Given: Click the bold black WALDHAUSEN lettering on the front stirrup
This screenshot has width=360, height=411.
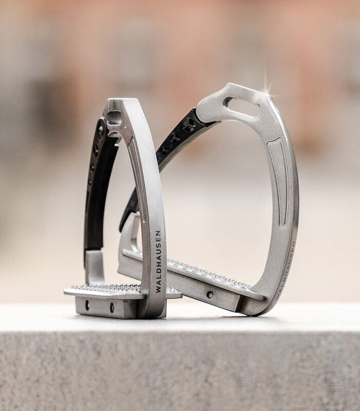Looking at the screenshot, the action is (x=158, y=261).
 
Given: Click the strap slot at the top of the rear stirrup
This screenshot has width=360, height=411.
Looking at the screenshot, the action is (x=241, y=107).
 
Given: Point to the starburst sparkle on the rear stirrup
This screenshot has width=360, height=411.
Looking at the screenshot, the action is (x=268, y=88).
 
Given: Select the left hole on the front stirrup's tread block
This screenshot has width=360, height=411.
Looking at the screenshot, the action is (x=87, y=305).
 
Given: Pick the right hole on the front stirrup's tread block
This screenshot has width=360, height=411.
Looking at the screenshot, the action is (x=112, y=307).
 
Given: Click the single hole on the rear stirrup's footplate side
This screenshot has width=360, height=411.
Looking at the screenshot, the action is (x=210, y=294).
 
